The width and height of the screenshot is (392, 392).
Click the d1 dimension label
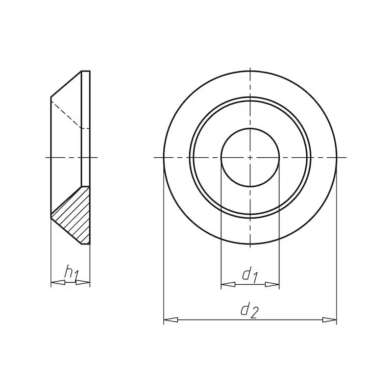pyautogui.click(x=250, y=276)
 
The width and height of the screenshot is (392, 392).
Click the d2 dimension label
pyautogui.click(x=249, y=310)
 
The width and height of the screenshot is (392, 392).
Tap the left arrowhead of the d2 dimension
pyautogui.click(x=171, y=320)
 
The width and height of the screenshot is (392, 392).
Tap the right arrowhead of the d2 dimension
pyautogui.click(x=329, y=320)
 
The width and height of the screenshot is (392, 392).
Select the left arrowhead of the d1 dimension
pyautogui.click(x=228, y=285)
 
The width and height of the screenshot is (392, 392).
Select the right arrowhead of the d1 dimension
pyautogui.click(x=272, y=285)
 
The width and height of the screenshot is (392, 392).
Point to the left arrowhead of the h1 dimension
pyautogui.click(x=58, y=283)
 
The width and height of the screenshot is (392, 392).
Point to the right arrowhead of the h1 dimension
pyautogui.click(x=82, y=283)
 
